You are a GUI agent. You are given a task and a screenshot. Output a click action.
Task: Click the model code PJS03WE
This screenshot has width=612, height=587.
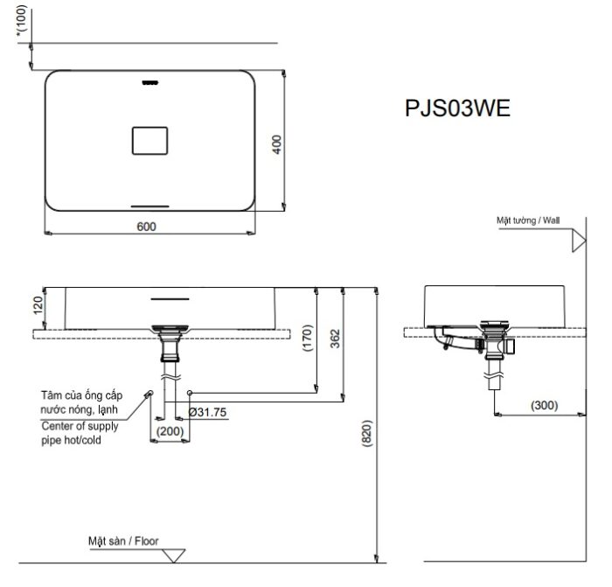(457, 108)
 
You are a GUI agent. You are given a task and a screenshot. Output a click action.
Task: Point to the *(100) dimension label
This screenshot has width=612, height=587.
(22, 21)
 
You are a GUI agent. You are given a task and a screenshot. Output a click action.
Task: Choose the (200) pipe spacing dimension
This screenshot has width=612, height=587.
(170, 430)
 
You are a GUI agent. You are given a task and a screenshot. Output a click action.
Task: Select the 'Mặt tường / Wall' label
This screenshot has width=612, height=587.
(527, 221)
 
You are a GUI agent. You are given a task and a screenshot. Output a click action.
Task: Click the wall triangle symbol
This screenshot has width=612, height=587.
(578, 241)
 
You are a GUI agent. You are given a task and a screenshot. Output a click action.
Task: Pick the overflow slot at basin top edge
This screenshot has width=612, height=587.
(150, 83)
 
